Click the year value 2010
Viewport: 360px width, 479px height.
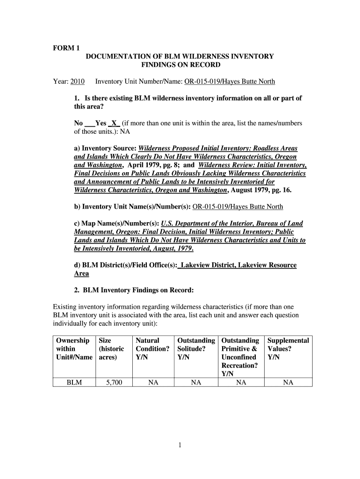(x=77, y=82)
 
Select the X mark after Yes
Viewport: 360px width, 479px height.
(x=114, y=123)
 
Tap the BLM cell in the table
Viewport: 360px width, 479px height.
(x=74, y=383)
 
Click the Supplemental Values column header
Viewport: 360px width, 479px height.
(x=288, y=348)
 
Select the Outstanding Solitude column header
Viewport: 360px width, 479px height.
(x=196, y=348)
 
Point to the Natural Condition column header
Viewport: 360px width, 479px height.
(x=152, y=348)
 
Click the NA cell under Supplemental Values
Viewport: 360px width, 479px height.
(x=288, y=383)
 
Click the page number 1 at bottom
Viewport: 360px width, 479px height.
(x=180, y=446)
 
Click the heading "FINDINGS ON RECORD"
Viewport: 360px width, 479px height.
(x=180, y=65)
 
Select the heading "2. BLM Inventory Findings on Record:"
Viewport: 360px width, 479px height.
(x=134, y=290)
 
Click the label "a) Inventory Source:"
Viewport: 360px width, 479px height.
(x=105, y=148)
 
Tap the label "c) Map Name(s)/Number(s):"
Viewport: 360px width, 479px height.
(x=116, y=224)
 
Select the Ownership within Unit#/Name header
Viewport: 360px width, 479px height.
(x=73, y=348)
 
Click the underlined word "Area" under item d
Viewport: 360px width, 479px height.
(x=81, y=274)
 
